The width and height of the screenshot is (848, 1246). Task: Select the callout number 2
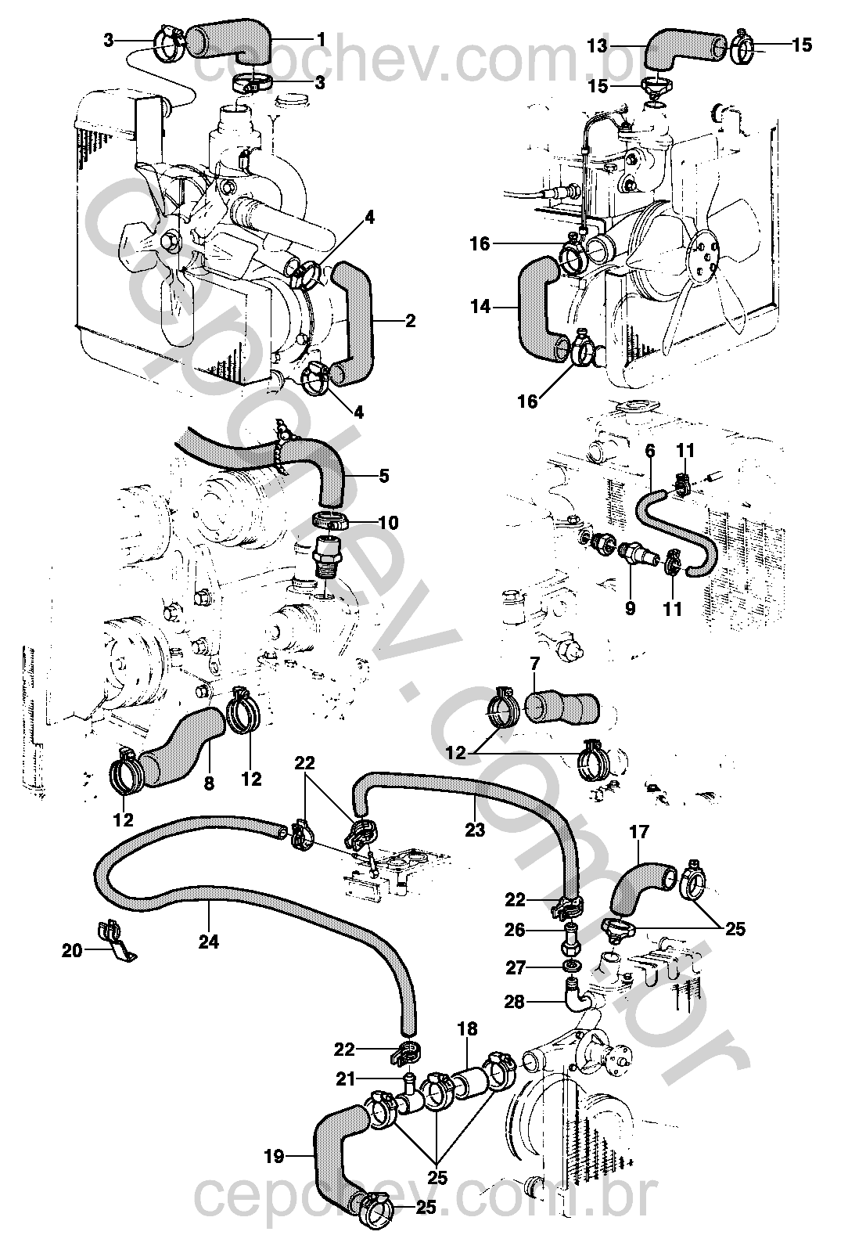411,321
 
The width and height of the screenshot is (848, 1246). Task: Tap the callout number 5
383,475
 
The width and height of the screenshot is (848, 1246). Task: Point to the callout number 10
388,522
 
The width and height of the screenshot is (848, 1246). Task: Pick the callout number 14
481,308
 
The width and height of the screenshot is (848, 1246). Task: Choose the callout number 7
535,664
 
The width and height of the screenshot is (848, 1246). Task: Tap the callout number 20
72,951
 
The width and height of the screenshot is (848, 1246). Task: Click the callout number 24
208,942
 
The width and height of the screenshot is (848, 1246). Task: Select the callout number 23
475,830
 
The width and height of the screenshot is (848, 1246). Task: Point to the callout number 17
639,834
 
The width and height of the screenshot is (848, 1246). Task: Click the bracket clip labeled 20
114,939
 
